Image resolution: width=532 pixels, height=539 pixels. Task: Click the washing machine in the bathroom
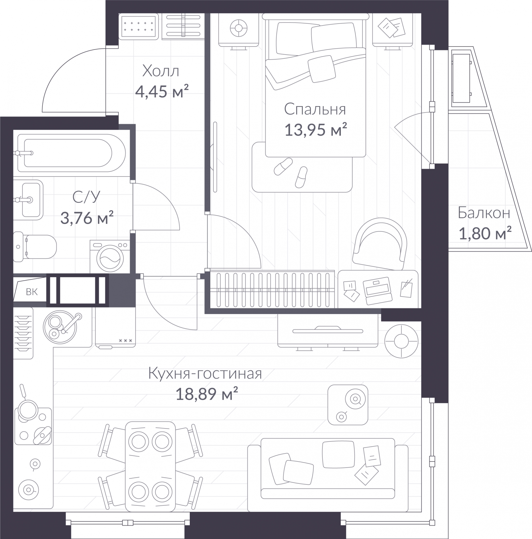110,256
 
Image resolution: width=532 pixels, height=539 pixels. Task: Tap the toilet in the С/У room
35,246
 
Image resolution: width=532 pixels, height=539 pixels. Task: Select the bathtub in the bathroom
71,153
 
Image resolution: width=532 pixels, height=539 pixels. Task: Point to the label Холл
161,71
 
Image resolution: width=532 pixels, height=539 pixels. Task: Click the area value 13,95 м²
316,130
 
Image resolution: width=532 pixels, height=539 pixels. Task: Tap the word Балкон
484,213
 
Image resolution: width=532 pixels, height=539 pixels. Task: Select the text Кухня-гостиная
205,374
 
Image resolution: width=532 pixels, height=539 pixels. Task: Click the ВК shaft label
32,292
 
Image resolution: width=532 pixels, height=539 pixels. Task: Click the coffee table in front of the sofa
348,405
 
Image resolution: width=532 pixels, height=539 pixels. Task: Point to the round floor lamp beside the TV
401,341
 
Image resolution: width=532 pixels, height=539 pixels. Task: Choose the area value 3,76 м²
87,218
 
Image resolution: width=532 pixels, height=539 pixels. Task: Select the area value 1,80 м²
485,233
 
